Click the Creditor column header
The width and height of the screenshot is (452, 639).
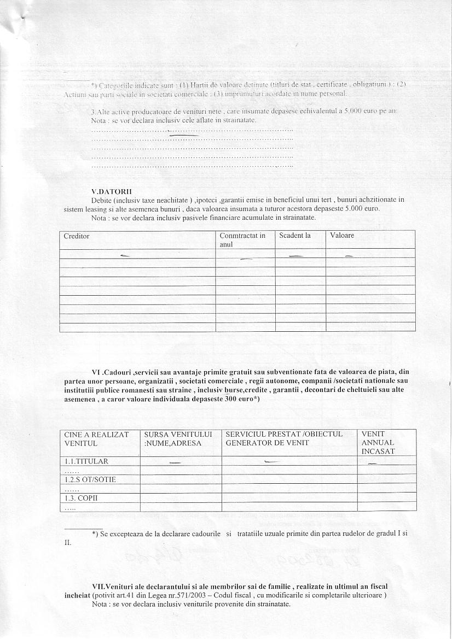click(x=77, y=236)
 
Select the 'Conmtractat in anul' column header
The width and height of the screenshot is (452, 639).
click(x=242, y=240)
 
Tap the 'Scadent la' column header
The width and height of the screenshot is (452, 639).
click(x=295, y=236)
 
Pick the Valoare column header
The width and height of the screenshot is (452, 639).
click(x=342, y=236)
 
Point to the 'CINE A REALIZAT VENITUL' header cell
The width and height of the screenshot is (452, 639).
click(x=96, y=438)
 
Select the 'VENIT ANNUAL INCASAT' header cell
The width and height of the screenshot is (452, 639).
click(x=378, y=443)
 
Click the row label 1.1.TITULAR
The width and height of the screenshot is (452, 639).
click(x=86, y=461)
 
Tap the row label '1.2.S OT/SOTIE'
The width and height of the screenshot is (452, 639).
click(x=90, y=480)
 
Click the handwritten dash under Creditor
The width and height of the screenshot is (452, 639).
click(x=125, y=255)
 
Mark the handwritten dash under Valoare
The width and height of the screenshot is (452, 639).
click(x=349, y=256)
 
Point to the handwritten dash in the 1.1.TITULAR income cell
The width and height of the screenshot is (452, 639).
click(x=373, y=464)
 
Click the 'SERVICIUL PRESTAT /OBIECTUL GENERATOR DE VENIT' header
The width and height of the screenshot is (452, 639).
click(x=284, y=438)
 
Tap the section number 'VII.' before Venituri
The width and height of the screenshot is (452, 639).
click(x=99, y=587)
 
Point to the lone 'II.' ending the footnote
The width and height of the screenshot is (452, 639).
click(x=68, y=543)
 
